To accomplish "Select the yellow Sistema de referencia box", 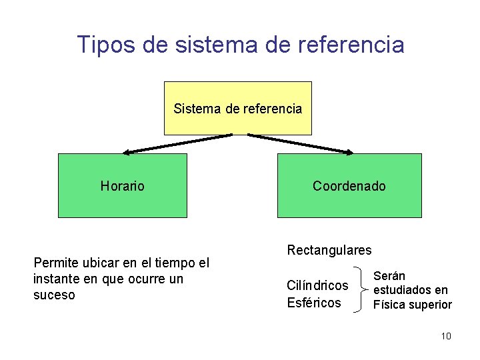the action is point(238,108).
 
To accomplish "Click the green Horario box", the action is point(123,185).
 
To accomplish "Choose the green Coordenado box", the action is point(349,185).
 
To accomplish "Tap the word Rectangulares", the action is point(329,250).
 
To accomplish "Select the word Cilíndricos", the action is point(317,285).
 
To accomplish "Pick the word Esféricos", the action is point(314,303).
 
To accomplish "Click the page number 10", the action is point(446,336).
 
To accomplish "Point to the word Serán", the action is point(389,275).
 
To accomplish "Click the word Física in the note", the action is point(389,305).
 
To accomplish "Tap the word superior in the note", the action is point(430,305).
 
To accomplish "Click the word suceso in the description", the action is point(54,295).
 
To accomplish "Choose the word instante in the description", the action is point(55,279).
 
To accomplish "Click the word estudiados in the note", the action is point(403,290).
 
